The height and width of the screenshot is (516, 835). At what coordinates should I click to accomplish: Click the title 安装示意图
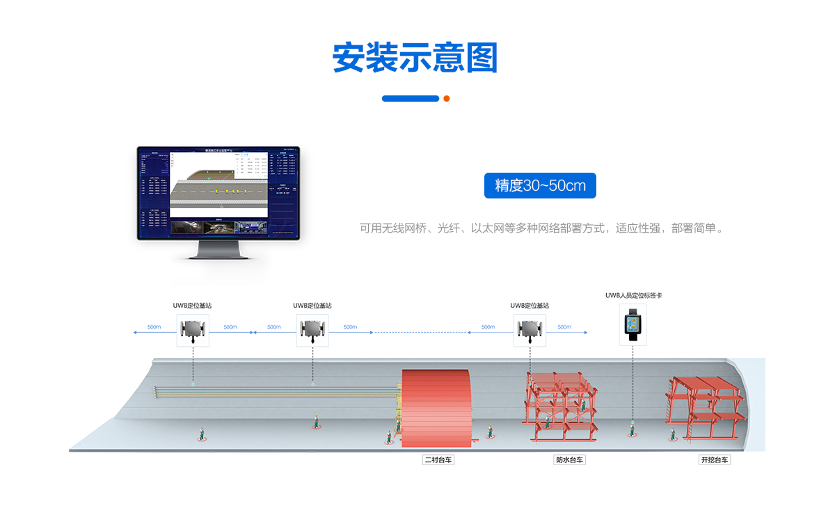(x=415, y=58)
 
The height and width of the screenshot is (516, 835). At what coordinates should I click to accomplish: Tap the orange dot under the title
(x=447, y=98)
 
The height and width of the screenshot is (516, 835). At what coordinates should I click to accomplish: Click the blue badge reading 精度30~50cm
(x=540, y=185)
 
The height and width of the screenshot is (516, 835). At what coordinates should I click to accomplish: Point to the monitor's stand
(x=218, y=250)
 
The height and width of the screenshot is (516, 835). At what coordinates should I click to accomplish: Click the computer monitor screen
(x=218, y=192)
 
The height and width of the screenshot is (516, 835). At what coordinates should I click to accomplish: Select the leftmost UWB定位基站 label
(x=192, y=306)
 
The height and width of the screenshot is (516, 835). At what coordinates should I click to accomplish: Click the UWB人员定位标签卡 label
(x=633, y=295)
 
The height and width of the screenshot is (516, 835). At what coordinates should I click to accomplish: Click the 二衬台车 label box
(x=438, y=460)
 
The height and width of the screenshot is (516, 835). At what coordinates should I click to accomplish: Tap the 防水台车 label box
(x=569, y=460)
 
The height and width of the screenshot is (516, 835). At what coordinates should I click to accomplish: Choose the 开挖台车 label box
(x=715, y=460)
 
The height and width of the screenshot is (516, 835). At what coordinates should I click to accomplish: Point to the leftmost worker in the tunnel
(x=202, y=434)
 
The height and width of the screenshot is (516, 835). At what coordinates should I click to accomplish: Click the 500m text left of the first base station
(x=154, y=327)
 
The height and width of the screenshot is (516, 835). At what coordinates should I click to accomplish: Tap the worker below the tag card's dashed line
(x=632, y=428)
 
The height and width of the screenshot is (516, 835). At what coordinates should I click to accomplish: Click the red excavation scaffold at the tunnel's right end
(x=704, y=407)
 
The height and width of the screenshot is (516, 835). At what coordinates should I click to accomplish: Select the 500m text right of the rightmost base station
(x=564, y=327)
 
